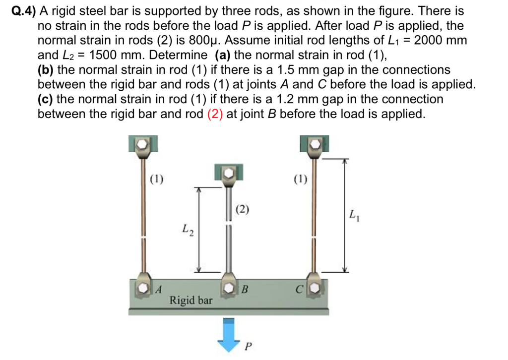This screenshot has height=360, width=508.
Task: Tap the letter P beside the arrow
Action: (x=249, y=344)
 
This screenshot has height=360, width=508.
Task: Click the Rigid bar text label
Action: (x=191, y=300)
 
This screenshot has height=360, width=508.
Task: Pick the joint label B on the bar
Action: (x=245, y=288)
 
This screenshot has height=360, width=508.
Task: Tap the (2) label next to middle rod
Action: (x=243, y=209)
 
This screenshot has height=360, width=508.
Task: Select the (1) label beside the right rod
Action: (x=300, y=179)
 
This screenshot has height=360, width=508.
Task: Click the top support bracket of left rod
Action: (x=143, y=144)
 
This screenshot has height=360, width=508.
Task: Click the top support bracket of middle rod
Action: (x=229, y=173)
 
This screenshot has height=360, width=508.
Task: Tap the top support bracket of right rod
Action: (x=314, y=144)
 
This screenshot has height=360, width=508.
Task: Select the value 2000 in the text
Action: (x=431, y=40)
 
